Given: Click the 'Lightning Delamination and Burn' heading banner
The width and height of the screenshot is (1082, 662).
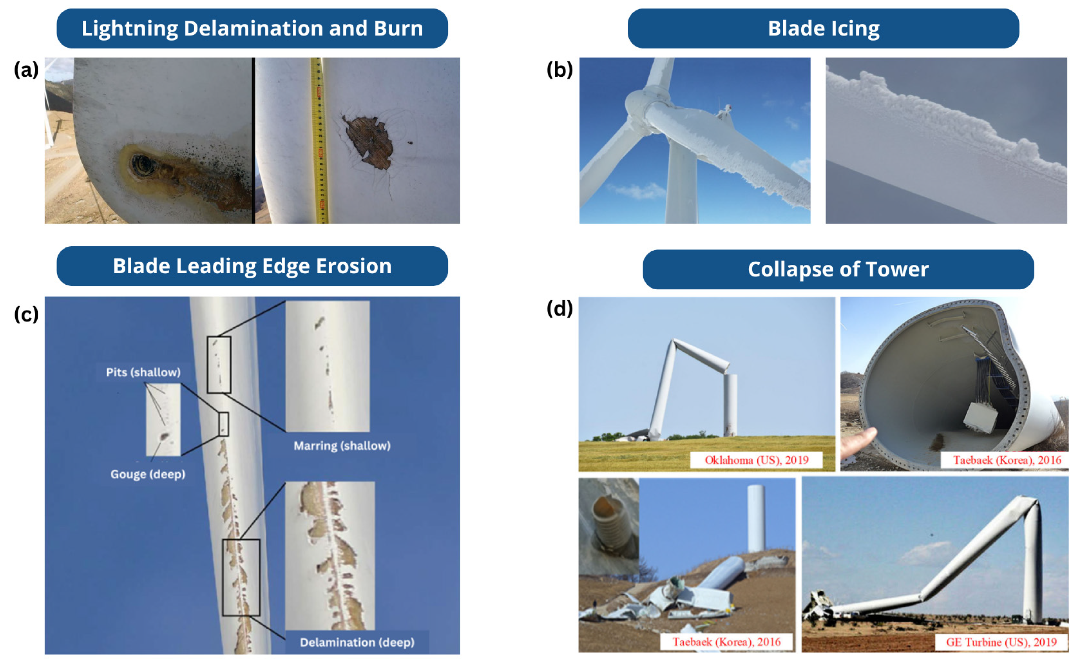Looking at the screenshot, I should click(x=252, y=28).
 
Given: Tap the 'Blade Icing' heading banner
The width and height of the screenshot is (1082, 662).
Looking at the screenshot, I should click(x=823, y=28).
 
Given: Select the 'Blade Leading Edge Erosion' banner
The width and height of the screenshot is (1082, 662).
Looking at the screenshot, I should click(x=252, y=266).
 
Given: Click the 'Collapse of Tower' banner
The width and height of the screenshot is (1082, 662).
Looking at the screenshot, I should click(x=838, y=269).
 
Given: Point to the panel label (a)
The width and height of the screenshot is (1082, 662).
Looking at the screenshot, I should click(x=26, y=69).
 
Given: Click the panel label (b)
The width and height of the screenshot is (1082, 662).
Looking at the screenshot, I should click(x=559, y=69).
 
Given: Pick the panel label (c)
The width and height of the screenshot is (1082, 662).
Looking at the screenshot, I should click(x=26, y=314).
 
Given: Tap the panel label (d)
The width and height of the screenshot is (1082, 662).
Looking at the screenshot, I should click(x=559, y=308).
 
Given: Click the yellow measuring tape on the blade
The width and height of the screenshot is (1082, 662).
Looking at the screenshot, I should click(x=318, y=140).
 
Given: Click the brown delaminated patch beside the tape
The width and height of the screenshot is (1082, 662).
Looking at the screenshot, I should click(x=368, y=141).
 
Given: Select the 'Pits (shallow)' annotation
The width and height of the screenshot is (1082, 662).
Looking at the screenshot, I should click(x=143, y=372).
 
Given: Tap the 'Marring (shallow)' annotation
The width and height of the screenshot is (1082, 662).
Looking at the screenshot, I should click(x=342, y=446).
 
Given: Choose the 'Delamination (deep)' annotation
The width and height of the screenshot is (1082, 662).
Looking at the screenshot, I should click(x=357, y=642).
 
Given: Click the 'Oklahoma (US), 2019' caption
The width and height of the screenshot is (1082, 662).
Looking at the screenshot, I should click(x=756, y=460).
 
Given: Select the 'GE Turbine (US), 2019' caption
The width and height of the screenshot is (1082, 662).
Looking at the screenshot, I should click(x=1001, y=642).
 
